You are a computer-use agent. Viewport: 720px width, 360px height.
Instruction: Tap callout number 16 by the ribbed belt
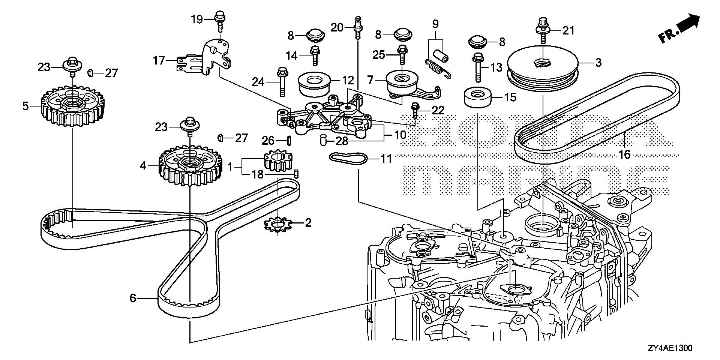point(625,154)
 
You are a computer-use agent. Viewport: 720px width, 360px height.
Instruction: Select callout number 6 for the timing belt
point(132,298)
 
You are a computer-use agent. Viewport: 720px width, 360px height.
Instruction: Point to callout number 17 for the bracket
point(159,60)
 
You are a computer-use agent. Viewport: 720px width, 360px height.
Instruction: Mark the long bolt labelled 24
point(282,82)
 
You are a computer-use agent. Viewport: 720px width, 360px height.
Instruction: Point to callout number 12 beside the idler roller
point(348,80)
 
